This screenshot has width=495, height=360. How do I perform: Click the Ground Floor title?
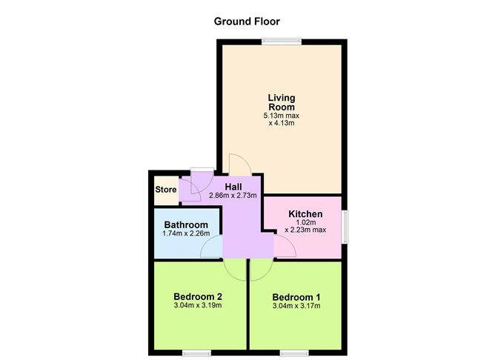coord(247,21)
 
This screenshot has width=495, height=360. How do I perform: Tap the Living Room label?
coord(282,102)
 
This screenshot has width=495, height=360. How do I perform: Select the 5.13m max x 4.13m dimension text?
coord(282,119)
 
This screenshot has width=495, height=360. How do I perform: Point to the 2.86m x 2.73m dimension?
coord(233,196)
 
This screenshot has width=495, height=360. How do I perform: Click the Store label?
coord(166,190)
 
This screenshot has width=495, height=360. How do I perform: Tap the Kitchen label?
coord(305,214)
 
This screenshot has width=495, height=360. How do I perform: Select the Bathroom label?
coord(185,224)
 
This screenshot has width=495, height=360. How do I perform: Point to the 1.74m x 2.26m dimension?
coord(186,234)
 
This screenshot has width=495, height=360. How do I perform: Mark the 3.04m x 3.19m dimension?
coord(197,305)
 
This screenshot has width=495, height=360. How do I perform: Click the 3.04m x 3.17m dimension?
coord(296,305)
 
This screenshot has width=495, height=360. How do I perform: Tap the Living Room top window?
coord(282,41)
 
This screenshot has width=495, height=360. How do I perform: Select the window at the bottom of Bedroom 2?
coord(196,351)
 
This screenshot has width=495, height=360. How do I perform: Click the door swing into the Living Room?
coord(239,164)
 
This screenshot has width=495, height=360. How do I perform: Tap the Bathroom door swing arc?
coord(212,248)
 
